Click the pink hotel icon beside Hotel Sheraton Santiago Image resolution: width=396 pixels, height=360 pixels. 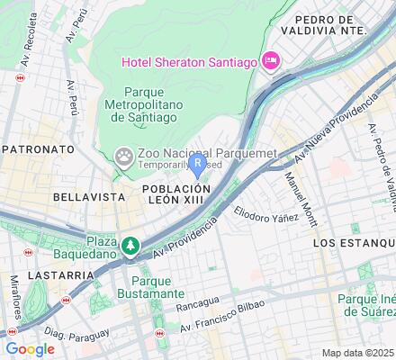271,60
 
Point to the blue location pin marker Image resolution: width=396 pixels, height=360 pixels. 198,165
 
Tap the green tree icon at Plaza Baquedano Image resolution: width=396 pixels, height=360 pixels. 132,245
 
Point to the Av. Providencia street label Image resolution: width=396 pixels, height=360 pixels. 184,238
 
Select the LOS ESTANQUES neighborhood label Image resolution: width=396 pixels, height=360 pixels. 353,243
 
